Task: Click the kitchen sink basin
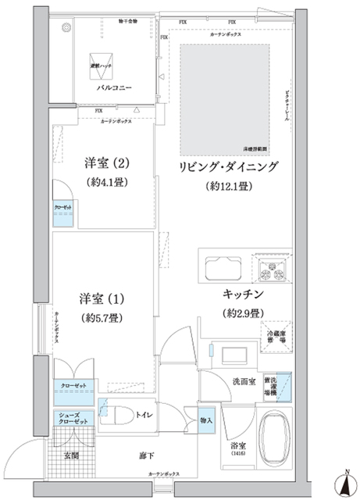click(x=224, y=269)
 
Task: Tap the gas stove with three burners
click(x=273, y=270)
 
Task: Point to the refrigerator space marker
click(x=274, y=332)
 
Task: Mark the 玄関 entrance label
click(x=71, y=455)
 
